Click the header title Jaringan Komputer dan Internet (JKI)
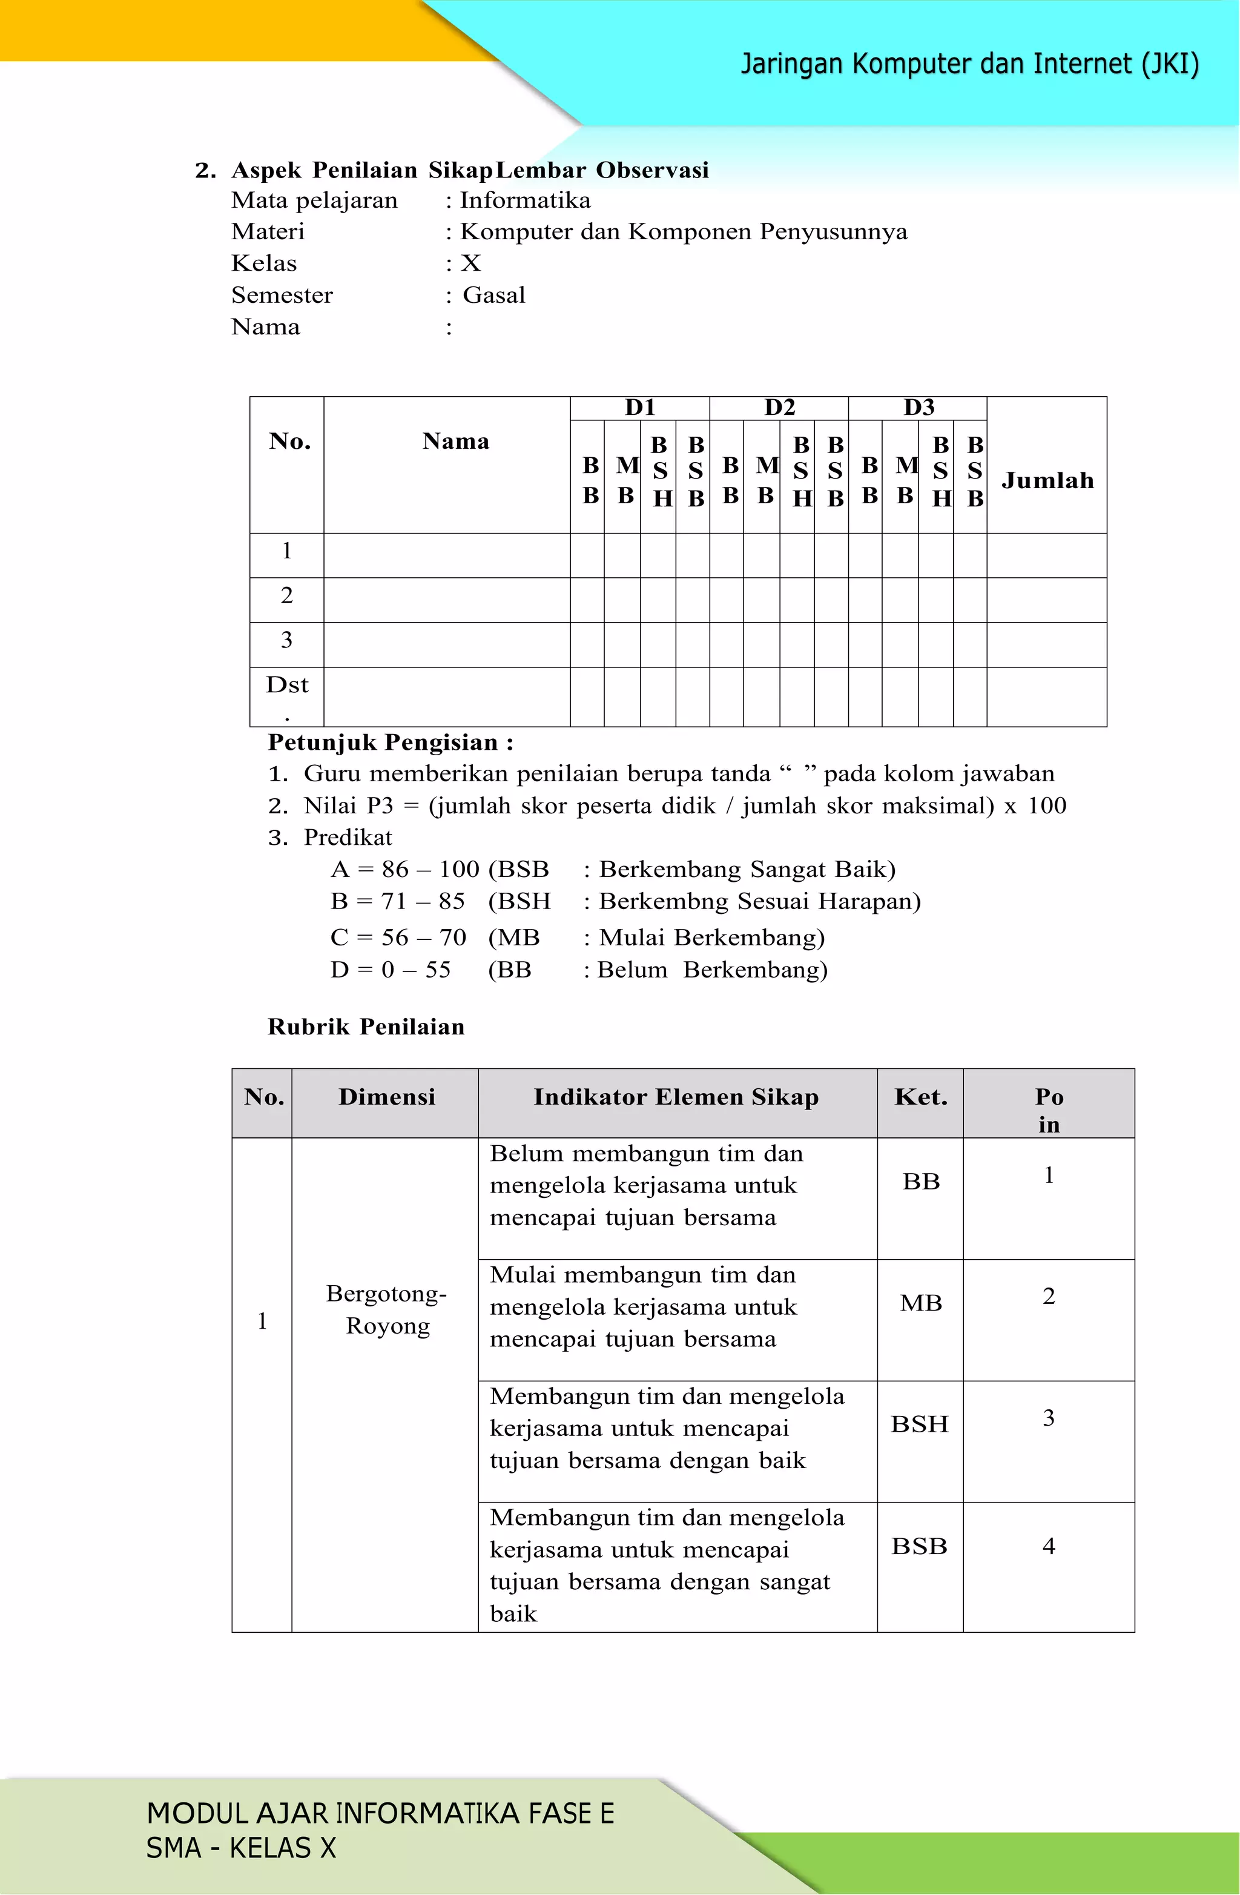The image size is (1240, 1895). point(969,64)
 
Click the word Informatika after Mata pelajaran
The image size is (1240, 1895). point(526,200)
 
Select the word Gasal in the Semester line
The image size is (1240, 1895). point(493,296)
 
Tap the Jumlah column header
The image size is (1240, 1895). point(1047,480)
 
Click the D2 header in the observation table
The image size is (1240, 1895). point(779,408)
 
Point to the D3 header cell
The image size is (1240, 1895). point(918,408)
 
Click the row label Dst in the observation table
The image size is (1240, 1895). point(286,685)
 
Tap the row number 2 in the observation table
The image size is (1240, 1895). point(286,595)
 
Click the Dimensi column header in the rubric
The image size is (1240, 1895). point(386,1097)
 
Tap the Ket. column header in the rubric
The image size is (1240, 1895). point(920,1097)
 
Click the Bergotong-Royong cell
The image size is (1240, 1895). point(386,1310)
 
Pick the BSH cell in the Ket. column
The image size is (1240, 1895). point(919,1424)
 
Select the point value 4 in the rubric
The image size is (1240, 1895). point(1048,1546)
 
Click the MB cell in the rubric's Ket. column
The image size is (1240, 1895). point(920,1303)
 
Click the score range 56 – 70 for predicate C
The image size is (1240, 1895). point(423,937)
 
